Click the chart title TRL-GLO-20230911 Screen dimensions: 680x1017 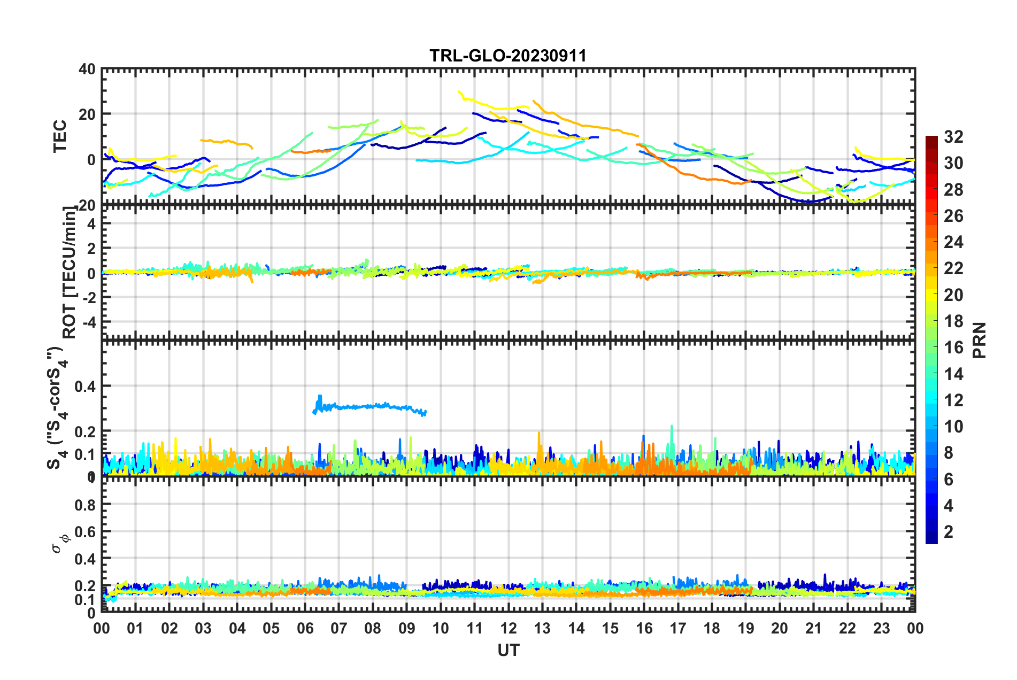(x=508, y=56)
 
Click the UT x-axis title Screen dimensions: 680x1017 (x=508, y=650)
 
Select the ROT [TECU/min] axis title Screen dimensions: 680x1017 (x=70, y=273)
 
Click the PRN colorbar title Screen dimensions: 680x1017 (x=979, y=340)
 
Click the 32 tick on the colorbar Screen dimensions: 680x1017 (x=953, y=137)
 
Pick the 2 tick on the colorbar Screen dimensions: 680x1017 (x=949, y=531)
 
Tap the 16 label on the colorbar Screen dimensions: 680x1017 (x=953, y=347)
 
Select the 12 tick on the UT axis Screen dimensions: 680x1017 (x=508, y=628)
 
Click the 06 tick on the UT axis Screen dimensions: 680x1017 (x=305, y=628)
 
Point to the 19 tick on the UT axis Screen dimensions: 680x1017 (x=745, y=628)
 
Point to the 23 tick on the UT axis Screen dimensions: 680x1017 (x=881, y=628)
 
